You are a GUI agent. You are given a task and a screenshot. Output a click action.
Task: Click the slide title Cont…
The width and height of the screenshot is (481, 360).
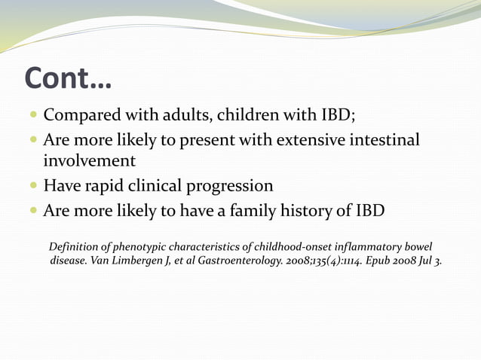click(x=68, y=78)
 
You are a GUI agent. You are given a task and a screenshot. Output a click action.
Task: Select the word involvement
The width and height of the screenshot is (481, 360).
click(x=89, y=161)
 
